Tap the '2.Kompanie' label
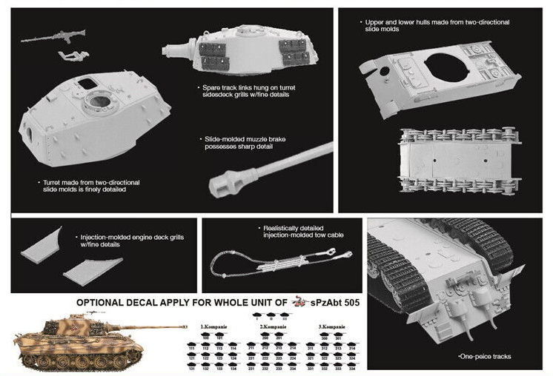point(274,326)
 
